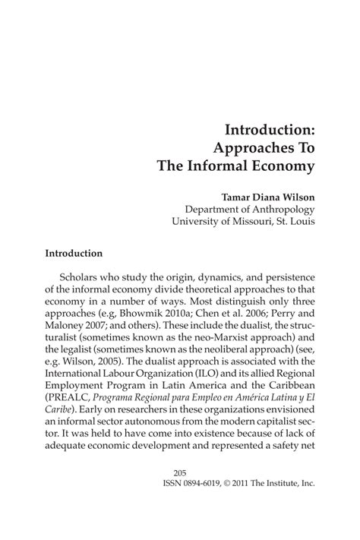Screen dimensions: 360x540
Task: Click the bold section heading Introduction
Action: (x=74, y=252)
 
